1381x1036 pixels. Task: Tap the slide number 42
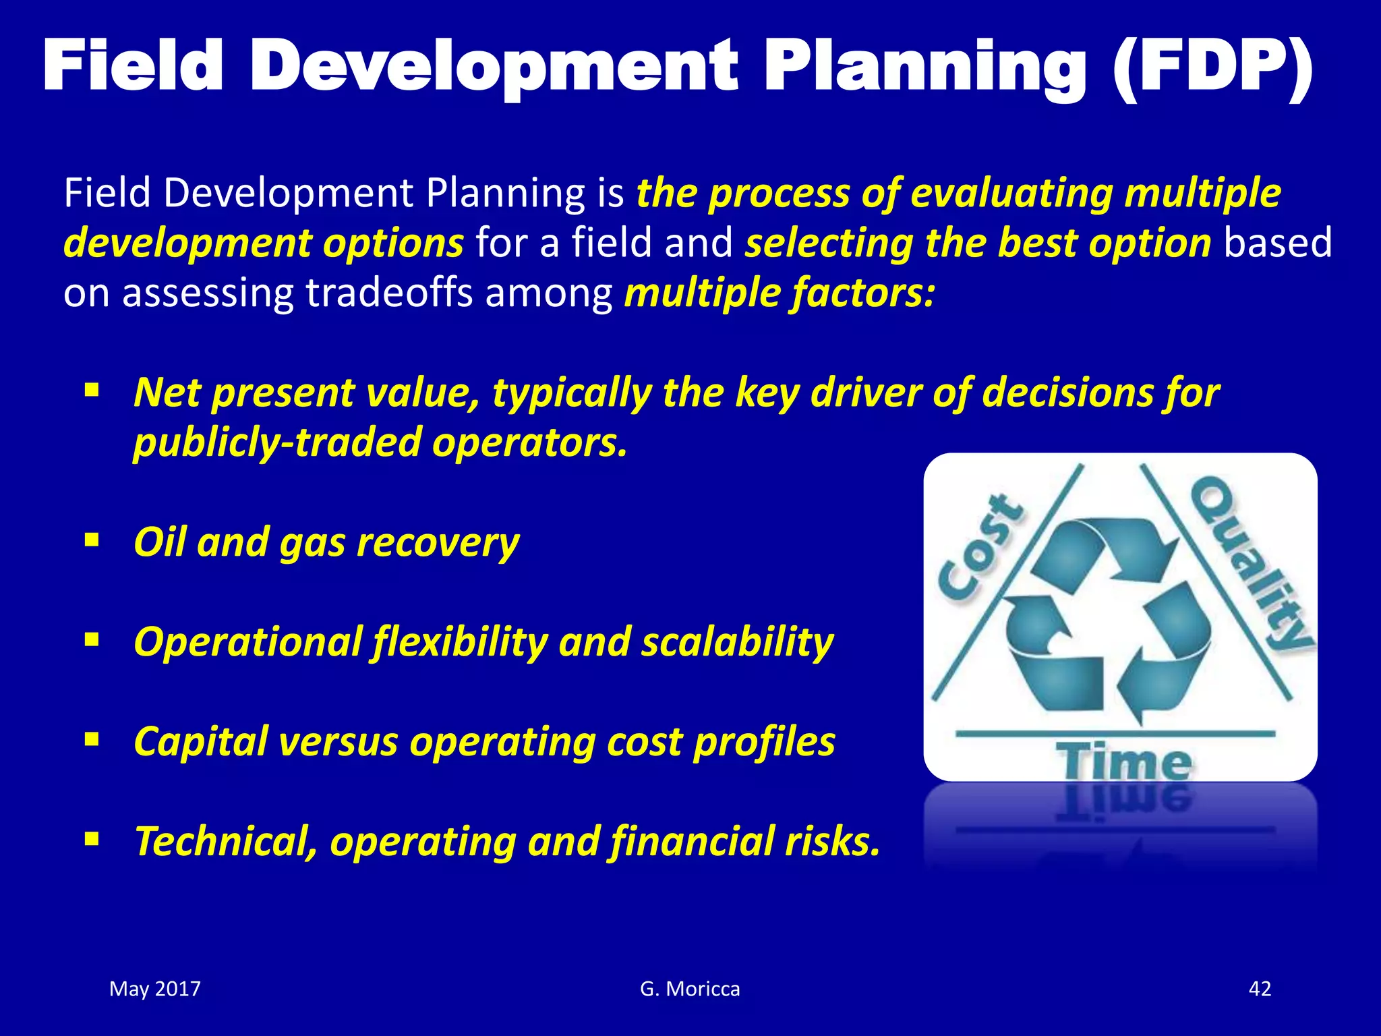(1260, 989)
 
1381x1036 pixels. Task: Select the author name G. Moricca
(690, 989)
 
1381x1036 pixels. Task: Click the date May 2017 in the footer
(155, 989)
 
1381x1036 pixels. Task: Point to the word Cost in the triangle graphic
(982, 548)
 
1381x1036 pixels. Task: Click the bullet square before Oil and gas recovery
(92, 540)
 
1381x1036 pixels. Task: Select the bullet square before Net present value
(92, 390)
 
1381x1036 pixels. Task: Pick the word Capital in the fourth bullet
(201, 742)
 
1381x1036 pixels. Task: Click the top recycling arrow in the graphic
(1106, 546)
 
